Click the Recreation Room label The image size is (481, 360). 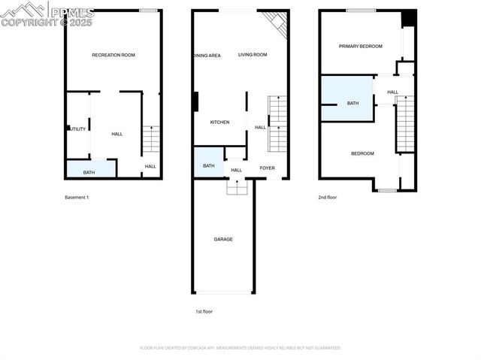[113, 55]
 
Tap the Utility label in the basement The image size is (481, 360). [77, 129]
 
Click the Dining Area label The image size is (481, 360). [207, 56]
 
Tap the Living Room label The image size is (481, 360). [253, 55]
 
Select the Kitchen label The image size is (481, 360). [219, 123]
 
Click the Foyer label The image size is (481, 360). [267, 168]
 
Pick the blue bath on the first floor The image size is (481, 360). [209, 164]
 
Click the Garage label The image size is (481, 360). [223, 239]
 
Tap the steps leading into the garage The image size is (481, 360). [237, 188]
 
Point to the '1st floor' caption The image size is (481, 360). [203, 310]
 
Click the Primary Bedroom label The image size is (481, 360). [360, 47]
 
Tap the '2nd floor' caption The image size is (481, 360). [328, 197]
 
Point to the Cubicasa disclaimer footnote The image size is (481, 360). [240, 348]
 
